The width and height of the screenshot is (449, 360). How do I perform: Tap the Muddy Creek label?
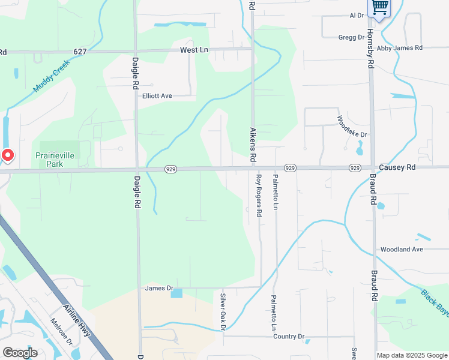[52, 77]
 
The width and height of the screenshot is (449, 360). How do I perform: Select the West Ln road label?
[193, 51]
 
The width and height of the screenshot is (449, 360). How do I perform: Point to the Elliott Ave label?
[157, 96]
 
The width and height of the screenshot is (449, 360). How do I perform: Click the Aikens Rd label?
[253, 145]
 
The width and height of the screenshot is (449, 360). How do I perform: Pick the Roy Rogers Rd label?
[259, 195]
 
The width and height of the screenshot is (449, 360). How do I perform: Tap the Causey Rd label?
[397, 168]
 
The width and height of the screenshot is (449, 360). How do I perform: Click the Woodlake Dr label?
[352, 126]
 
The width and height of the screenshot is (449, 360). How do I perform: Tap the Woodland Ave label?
[402, 249]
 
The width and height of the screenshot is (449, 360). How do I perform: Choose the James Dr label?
[158, 289]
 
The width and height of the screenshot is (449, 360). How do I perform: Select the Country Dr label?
[289, 337]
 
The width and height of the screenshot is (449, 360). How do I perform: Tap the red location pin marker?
[7, 155]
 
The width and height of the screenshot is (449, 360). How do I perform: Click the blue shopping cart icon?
[379, 7]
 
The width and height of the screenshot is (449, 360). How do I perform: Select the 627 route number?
[80, 52]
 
